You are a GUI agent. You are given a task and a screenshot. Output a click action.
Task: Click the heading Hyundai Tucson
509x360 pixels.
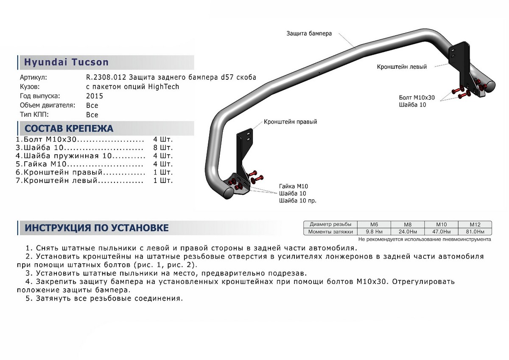(66, 62)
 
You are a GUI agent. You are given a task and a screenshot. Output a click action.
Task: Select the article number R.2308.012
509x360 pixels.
(104, 78)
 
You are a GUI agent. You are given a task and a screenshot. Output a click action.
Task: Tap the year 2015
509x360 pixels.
(94, 96)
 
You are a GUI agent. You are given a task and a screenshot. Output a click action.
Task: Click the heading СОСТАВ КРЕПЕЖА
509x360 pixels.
(69, 129)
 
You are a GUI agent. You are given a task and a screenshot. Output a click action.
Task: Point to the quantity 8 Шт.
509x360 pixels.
(163, 148)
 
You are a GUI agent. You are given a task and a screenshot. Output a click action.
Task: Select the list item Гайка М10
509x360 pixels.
(44, 164)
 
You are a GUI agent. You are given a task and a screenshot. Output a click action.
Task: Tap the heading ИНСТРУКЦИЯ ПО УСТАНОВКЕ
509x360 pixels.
(97, 228)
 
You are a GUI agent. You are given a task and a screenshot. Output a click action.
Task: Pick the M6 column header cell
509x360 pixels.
(374, 224)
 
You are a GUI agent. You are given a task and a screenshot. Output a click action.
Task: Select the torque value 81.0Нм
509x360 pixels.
(475, 232)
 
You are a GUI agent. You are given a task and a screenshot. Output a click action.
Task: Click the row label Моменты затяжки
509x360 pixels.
(330, 232)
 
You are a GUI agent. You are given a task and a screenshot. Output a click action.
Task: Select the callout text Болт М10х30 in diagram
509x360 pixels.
(417, 97)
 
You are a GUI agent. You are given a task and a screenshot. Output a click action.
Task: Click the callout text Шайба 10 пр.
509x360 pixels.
(298, 200)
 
